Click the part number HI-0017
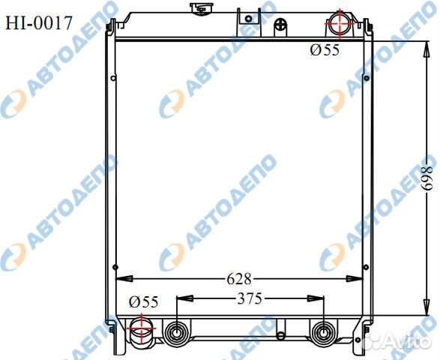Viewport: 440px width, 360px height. click(39, 23)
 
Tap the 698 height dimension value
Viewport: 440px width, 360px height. click(428, 178)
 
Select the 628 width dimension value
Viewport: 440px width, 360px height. click(239, 279)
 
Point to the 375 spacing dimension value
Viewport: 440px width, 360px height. click(250, 298)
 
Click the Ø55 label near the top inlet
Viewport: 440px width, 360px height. click(325, 50)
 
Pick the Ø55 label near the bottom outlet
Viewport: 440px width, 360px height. click(144, 302)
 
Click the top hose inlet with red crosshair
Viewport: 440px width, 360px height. click(340, 24)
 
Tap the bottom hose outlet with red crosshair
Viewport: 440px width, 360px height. click(142, 328)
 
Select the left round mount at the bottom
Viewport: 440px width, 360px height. click(177, 333)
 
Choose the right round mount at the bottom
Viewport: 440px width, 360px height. click(324, 333)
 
